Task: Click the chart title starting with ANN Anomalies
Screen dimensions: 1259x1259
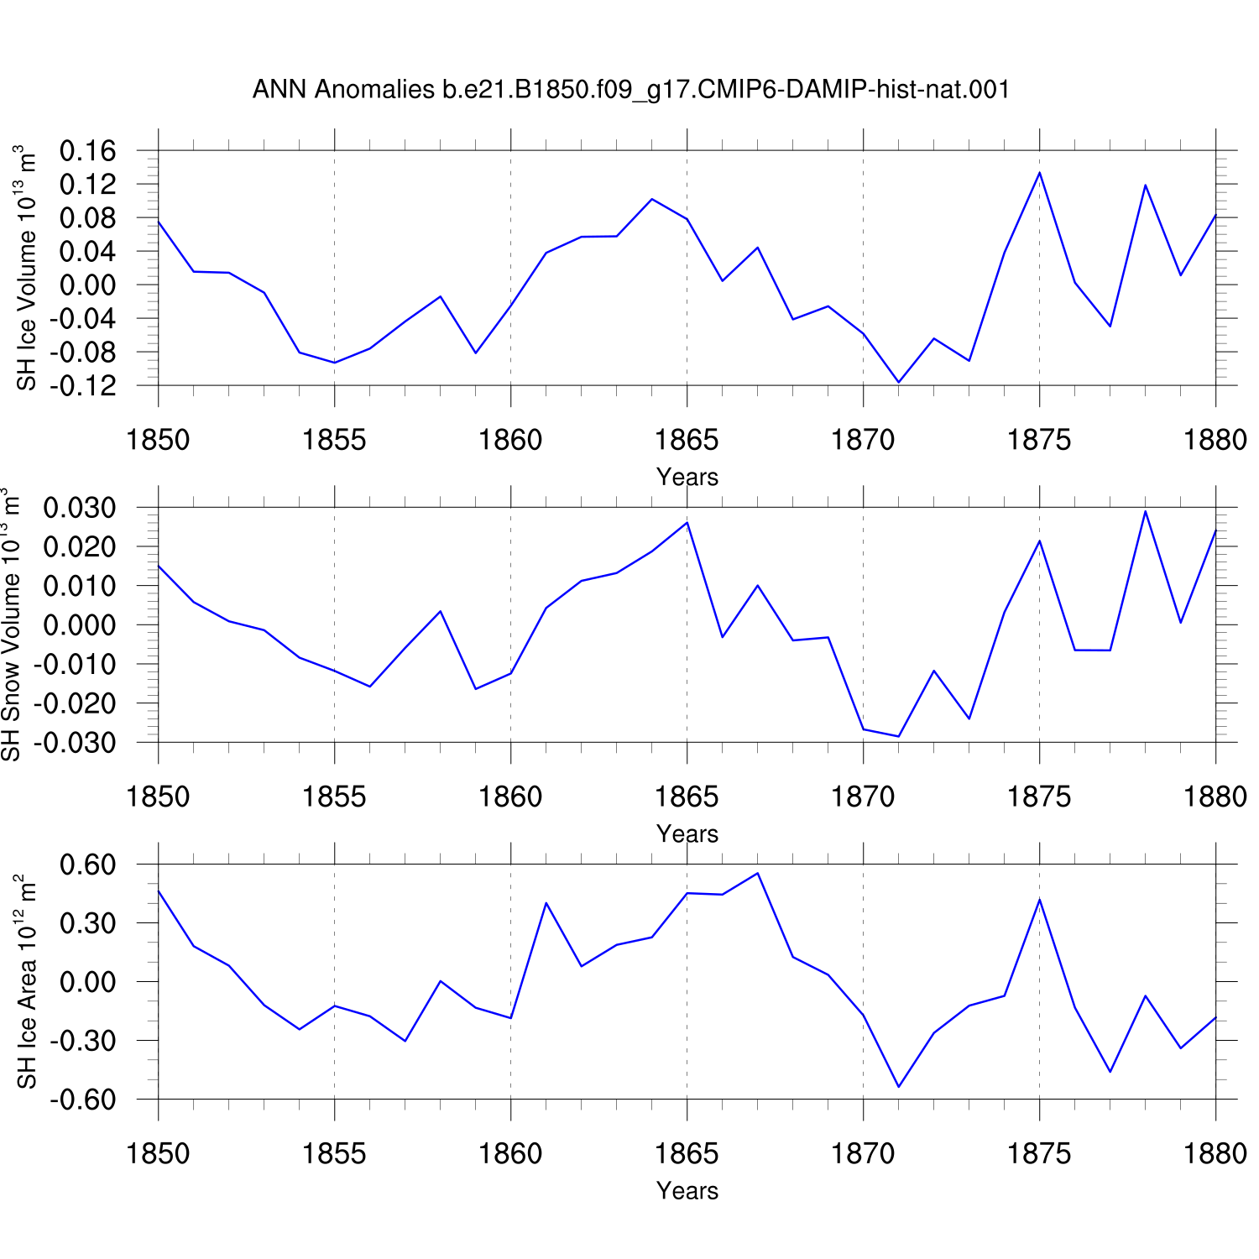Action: (630, 89)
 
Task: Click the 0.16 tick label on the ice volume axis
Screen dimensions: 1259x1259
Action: (88, 151)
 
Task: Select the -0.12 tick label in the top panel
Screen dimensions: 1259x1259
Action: (82, 386)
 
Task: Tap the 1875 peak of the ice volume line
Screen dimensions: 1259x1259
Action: (1040, 173)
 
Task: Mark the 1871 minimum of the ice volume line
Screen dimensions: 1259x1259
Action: (899, 383)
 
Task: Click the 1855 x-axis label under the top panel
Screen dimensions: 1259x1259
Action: (334, 440)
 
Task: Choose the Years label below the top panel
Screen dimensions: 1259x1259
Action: (687, 477)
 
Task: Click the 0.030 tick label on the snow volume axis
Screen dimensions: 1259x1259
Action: (81, 508)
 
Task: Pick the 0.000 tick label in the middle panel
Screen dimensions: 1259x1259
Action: (81, 625)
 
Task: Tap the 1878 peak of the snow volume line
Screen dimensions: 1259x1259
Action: (1146, 511)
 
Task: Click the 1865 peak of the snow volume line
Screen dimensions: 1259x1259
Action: (687, 522)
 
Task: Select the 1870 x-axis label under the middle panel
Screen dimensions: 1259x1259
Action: (863, 797)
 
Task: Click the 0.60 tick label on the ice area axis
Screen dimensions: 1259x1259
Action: (88, 865)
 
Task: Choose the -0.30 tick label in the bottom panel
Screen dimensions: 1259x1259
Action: (82, 1041)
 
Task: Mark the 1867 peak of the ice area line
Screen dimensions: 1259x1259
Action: (758, 873)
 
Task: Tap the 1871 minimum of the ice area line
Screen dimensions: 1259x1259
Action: (899, 1087)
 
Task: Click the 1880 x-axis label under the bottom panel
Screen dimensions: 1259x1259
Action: (1215, 1153)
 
